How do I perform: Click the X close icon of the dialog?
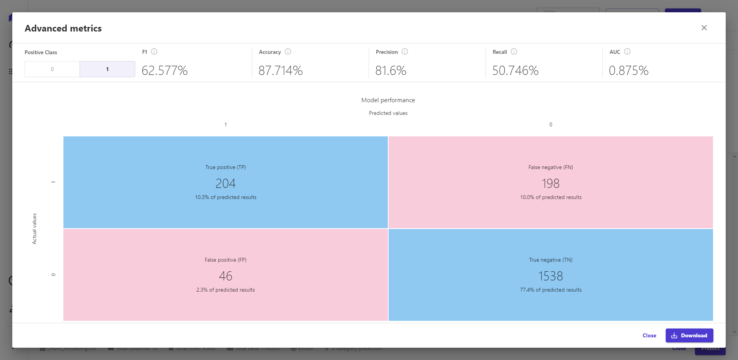click(x=704, y=28)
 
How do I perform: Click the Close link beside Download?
click(x=649, y=335)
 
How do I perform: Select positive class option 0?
click(x=52, y=69)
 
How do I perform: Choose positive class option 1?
click(x=107, y=69)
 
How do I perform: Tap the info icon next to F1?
click(x=154, y=51)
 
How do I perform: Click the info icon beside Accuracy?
click(x=288, y=51)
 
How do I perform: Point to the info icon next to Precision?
click(x=405, y=51)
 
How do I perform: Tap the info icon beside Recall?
click(x=514, y=51)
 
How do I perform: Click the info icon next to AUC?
click(x=627, y=51)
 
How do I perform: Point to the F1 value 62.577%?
click(x=165, y=71)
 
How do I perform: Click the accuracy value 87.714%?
click(x=281, y=71)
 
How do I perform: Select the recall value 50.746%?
click(x=515, y=71)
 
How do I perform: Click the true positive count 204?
click(x=226, y=184)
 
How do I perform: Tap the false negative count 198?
click(x=550, y=184)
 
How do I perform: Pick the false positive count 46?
click(x=226, y=276)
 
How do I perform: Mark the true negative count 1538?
click(x=550, y=276)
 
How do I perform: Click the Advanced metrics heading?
click(x=63, y=28)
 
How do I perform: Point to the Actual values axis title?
click(x=34, y=229)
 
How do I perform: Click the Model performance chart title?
click(x=388, y=100)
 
